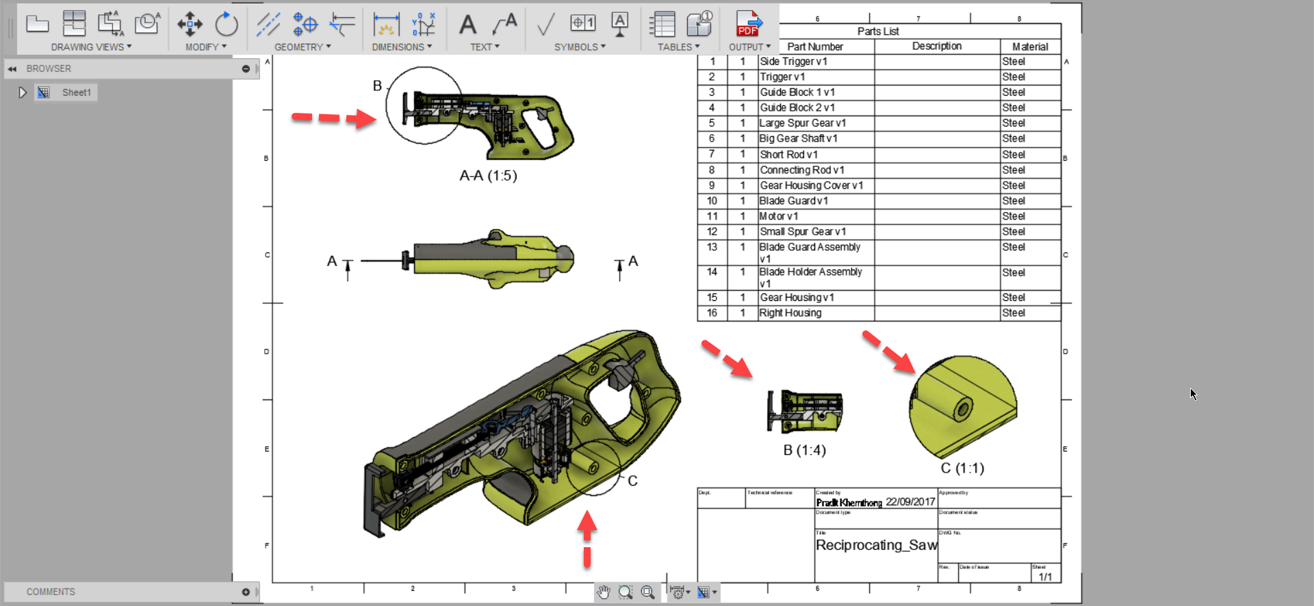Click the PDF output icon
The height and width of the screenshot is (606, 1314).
[x=748, y=24]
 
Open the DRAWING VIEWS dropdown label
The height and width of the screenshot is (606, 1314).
[x=90, y=47]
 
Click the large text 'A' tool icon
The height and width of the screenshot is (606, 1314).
[x=467, y=25]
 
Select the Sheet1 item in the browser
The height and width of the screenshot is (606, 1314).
[x=76, y=92]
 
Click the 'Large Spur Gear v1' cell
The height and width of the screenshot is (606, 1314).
[x=803, y=123]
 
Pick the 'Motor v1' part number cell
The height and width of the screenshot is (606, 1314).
[x=779, y=216]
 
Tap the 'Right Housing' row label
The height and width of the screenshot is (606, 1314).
[x=790, y=313]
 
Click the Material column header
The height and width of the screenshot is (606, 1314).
[x=1030, y=47]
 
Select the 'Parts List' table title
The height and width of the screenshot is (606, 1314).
[x=878, y=31]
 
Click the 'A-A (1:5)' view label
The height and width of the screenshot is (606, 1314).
[x=488, y=176]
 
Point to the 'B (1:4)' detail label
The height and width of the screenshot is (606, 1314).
[x=805, y=450]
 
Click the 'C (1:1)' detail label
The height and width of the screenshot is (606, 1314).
[x=962, y=468]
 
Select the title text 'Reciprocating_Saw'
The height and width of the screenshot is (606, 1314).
[x=876, y=545]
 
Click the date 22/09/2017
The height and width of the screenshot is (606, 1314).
[x=910, y=502]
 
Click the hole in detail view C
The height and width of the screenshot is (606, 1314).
[x=964, y=410]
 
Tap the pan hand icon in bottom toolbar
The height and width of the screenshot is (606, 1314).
[x=603, y=592]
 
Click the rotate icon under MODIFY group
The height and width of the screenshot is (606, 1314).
[x=226, y=25]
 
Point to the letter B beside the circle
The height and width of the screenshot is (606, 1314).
[x=377, y=86]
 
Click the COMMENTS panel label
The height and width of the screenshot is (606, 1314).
[x=51, y=592]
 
